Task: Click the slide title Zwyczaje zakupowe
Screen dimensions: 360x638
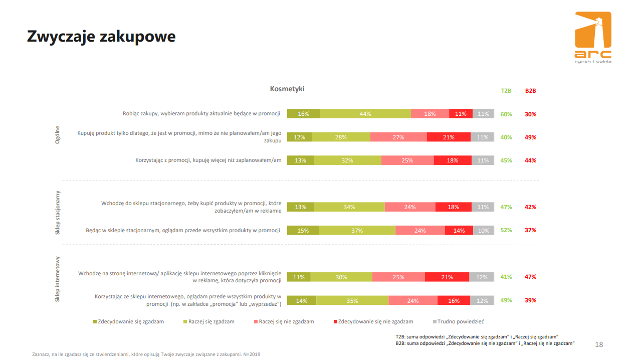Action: pyautogui.click(x=101, y=36)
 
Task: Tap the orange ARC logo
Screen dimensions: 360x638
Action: pyautogui.click(x=593, y=36)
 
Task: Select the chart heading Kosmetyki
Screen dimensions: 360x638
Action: pyautogui.click(x=287, y=89)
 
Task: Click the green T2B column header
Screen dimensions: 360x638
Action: pyautogui.click(x=506, y=91)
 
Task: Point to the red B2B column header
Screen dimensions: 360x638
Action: pyautogui.click(x=531, y=91)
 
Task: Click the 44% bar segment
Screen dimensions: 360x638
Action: pyautogui.click(x=365, y=114)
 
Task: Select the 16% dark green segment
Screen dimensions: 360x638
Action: pyautogui.click(x=303, y=114)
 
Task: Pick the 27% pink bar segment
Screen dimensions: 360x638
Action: pyautogui.click(x=398, y=137)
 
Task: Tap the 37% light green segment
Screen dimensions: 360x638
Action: pyautogui.click(x=357, y=230)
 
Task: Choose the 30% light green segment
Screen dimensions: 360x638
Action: pyautogui.click(x=341, y=277)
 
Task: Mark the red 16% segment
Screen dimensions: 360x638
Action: pyautogui.click(x=454, y=300)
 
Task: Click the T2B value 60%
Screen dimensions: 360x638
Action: pyautogui.click(x=506, y=114)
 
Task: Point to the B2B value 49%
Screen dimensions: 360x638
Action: pyautogui.click(x=531, y=137)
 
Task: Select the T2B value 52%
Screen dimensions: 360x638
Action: pyautogui.click(x=506, y=230)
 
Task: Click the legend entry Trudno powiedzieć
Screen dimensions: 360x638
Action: pyautogui.click(x=460, y=321)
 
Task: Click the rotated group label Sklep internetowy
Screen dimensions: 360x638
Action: pyautogui.click(x=58, y=279)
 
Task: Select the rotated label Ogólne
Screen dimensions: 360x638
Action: pyautogui.click(x=58, y=135)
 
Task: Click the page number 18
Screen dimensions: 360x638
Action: pyautogui.click(x=599, y=344)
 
